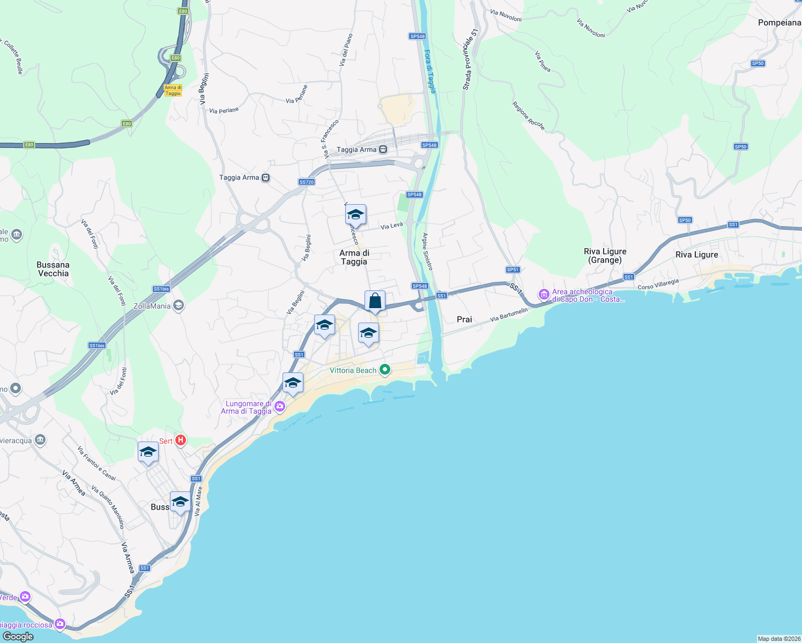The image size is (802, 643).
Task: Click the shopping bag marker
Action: [x=375, y=302]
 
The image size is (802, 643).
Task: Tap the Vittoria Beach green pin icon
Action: [x=384, y=370]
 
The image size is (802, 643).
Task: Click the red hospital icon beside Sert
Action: [x=181, y=440]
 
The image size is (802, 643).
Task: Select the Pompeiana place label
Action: [x=779, y=23]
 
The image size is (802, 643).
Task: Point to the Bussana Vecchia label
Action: [x=53, y=269]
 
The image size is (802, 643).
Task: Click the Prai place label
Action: [x=464, y=319]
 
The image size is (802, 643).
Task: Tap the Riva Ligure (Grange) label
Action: [x=605, y=256]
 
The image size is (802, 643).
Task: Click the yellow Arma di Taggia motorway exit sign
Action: [x=173, y=90]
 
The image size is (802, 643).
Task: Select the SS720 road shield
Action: [x=307, y=182]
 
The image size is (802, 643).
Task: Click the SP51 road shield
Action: [x=513, y=270]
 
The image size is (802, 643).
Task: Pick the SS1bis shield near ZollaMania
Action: [x=161, y=289]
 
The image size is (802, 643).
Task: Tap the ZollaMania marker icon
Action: [x=179, y=306]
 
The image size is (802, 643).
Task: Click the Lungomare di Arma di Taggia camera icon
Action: [x=279, y=408]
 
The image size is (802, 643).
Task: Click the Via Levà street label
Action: [x=391, y=226]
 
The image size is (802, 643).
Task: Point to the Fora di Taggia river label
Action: [x=430, y=71]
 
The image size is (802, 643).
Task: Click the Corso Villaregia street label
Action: [x=658, y=284]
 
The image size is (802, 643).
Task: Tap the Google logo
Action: [x=18, y=637]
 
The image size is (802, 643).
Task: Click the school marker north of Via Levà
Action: [x=355, y=215]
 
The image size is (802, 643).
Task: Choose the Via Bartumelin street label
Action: [x=509, y=315]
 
